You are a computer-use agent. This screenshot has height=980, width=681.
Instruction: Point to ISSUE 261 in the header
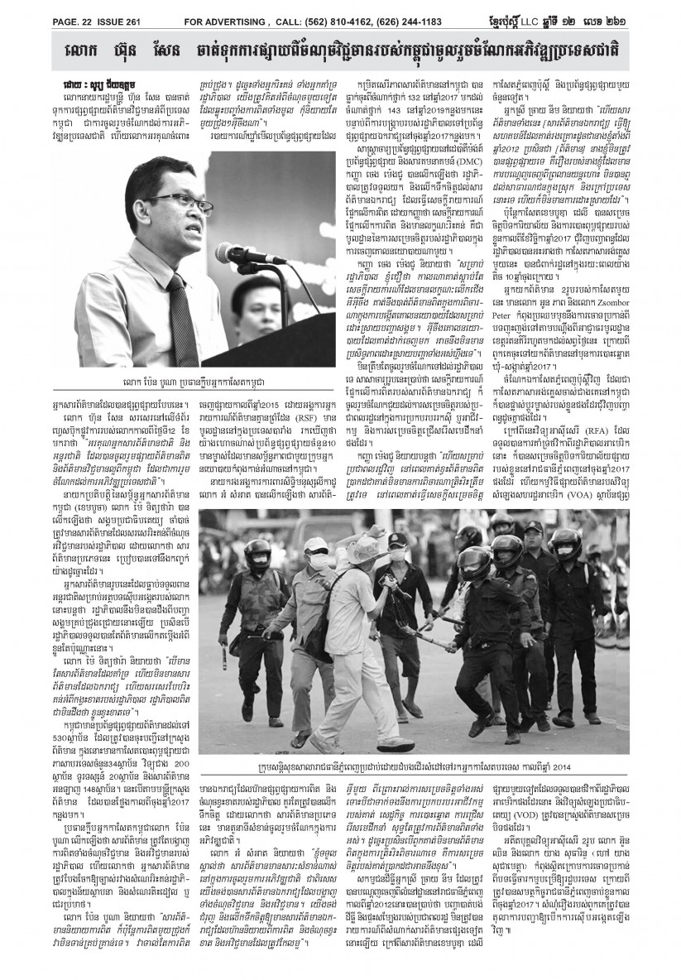click(x=98, y=10)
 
